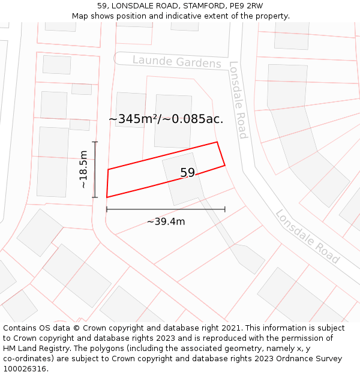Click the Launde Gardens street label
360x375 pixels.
(176, 62)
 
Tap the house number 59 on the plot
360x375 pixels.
(188, 173)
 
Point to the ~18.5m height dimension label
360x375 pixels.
(83, 170)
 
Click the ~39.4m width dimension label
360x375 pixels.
(166, 221)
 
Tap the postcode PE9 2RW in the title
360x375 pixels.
(247, 5)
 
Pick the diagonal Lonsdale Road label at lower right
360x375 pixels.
(308, 236)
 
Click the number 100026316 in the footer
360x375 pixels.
(25, 368)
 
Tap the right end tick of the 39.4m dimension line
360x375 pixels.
(225, 209)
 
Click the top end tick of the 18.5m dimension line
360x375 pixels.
(94, 142)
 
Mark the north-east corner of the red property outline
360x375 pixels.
(217, 142)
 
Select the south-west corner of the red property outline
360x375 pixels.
(107, 197)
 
